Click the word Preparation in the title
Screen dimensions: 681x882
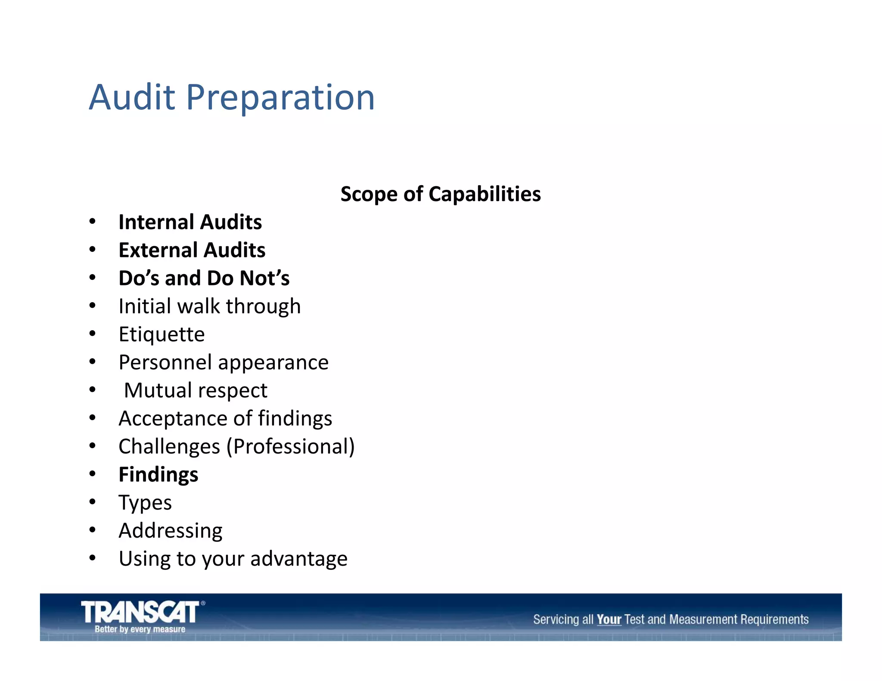coord(280,98)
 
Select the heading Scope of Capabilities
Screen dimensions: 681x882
coord(440,194)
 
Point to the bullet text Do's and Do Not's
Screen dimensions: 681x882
coord(204,278)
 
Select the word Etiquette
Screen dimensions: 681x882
coord(161,334)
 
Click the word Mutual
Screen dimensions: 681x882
coord(158,390)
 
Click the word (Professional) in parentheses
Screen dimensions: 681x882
coord(291,446)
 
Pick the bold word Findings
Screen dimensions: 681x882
coord(158,475)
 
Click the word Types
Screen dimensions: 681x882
coord(145,503)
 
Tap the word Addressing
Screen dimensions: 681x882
coord(171,531)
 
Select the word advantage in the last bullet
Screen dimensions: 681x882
coord(298,559)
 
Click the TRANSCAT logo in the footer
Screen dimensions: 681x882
coord(140,612)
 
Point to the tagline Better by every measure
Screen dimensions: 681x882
coord(140,629)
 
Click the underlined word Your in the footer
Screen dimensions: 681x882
coord(609,619)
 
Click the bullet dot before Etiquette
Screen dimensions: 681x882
coord(92,334)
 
